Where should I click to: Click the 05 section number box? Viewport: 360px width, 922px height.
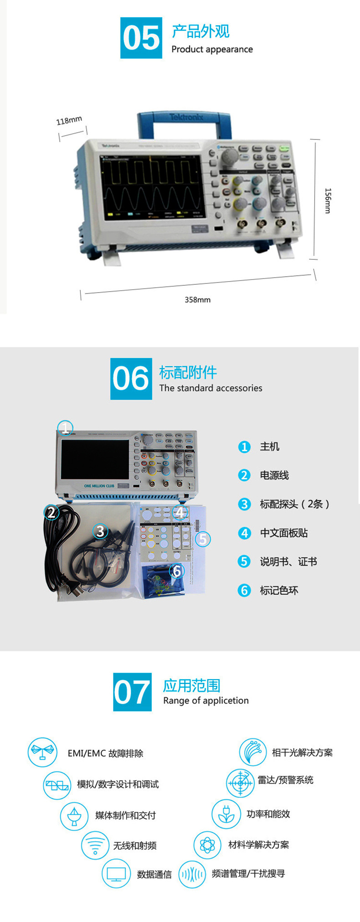141,38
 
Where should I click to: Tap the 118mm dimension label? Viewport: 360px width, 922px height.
69,120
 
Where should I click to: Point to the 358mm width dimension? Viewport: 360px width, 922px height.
198,299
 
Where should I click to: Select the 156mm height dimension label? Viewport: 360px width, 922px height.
328,201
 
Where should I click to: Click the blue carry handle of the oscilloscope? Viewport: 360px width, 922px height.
184,119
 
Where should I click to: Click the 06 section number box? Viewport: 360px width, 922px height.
131,379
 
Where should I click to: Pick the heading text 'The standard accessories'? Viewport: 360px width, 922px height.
211,388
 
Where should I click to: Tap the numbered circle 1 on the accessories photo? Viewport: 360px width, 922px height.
65,428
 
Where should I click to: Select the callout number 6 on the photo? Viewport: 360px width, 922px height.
177,570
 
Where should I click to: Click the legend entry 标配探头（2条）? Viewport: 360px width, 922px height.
294,504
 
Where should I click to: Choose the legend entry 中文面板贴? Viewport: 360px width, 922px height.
283,533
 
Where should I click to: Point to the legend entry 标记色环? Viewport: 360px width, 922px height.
279,591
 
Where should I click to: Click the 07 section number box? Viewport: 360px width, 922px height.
133,692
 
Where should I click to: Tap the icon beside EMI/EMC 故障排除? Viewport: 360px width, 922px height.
42,752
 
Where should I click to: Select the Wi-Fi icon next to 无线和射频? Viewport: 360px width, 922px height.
95,845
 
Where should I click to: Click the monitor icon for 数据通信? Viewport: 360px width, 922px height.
116,873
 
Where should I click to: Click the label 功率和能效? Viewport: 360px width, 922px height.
268,814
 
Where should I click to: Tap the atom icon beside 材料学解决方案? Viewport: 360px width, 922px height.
207,845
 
